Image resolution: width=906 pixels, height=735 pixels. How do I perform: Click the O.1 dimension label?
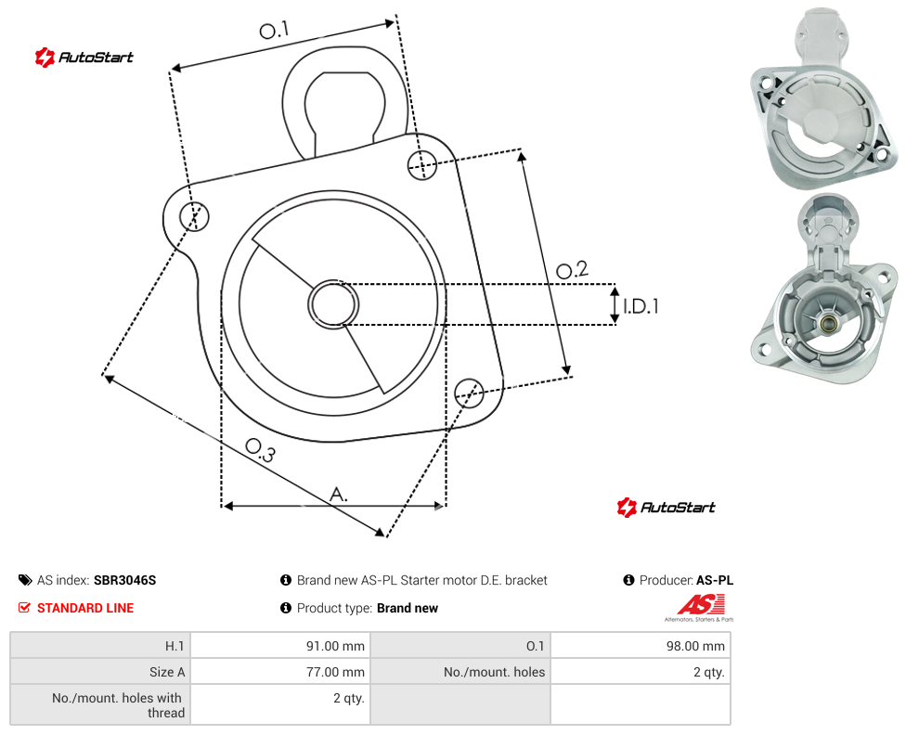click(x=274, y=30)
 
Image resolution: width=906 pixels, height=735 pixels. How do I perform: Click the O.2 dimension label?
click(x=572, y=269)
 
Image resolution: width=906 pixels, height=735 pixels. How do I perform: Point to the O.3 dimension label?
click(x=261, y=451)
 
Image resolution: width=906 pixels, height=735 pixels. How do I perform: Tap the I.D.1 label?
click(x=641, y=306)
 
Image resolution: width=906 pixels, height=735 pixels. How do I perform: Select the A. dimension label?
click(x=339, y=495)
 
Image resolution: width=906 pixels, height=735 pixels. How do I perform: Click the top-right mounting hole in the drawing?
click(x=422, y=164)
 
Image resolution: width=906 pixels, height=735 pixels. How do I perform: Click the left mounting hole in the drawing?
click(x=194, y=216)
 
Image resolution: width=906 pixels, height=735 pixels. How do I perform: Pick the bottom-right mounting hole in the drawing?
click(x=469, y=393)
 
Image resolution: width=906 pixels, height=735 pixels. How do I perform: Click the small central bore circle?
click(x=333, y=304)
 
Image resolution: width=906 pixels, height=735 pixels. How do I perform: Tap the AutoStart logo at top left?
click(x=84, y=58)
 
